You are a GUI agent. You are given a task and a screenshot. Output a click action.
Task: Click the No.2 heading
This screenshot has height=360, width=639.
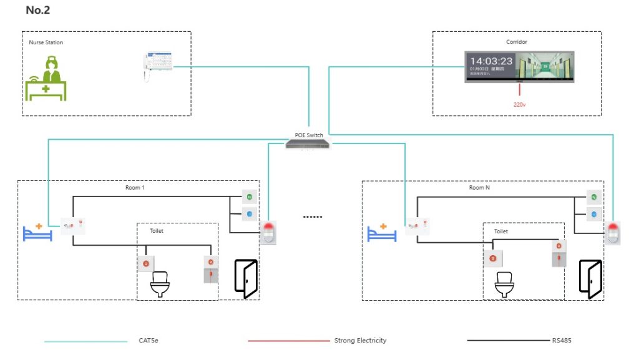pyautogui.click(x=37, y=10)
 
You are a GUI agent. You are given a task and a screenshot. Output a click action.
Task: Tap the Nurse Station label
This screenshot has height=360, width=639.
pyautogui.click(x=46, y=43)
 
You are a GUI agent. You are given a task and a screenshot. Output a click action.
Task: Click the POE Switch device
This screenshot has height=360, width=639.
pyautogui.click(x=308, y=144)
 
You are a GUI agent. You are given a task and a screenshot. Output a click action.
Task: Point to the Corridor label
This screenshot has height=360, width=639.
pyautogui.click(x=516, y=42)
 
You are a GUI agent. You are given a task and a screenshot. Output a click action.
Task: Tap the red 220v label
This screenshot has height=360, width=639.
pyautogui.click(x=520, y=105)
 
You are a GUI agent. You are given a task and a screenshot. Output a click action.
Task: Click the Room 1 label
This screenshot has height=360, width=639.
pyautogui.click(x=135, y=188)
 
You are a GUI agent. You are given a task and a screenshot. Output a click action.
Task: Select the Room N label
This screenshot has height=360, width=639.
pyautogui.click(x=479, y=188)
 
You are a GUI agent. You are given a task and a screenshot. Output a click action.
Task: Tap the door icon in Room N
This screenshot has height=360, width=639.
pyautogui.click(x=590, y=278)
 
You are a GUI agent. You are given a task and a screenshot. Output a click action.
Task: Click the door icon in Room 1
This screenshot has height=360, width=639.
pyautogui.click(x=245, y=278)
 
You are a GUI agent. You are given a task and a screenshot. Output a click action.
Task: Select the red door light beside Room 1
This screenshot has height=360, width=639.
pyautogui.click(x=268, y=231)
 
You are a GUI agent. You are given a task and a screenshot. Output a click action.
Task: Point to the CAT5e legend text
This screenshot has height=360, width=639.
pyautogui.click(x=149, y=341)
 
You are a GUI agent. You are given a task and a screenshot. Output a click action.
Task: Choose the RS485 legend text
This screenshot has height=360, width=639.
pyautogui.click(x=562, y=341)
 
